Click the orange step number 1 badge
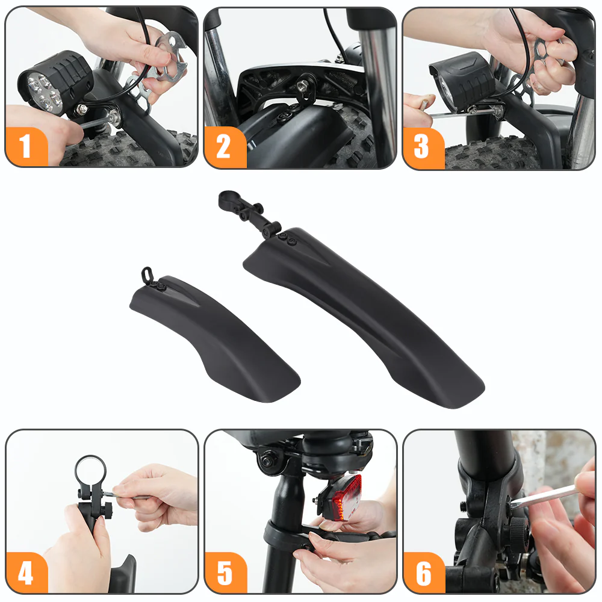click(26, 147)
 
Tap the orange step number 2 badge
click(225, 147)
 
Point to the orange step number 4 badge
click(26, 573)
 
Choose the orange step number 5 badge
click(225, 573)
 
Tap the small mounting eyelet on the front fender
click(145, 274)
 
